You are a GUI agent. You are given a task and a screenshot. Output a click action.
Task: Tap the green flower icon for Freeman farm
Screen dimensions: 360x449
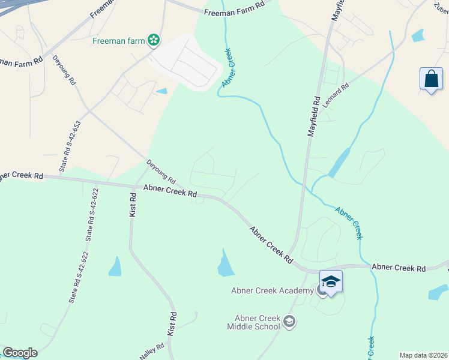pyautogui.click(x=154, y=40)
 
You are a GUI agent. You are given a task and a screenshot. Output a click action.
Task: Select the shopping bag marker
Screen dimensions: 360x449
pyautogui.click(x=431, y=79)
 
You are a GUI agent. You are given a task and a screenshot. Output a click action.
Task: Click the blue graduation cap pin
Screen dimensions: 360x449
pyautogui.click(x=331, y=281)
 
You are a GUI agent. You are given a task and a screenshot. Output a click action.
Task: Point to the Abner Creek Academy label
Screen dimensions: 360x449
pyautogui.click(x=273, y=291)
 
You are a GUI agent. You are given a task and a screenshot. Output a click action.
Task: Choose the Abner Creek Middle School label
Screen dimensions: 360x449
pyautogui.click(x=253, y=322)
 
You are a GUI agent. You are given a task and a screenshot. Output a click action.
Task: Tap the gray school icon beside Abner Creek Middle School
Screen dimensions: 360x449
pyautogui.click(x=290, y=322)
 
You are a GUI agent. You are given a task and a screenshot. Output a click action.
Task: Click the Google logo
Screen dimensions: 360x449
pyautogui.click(x=20, y=353)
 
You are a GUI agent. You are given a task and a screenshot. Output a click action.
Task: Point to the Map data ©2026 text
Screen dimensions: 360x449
pyautogui.click(x=423, y=355)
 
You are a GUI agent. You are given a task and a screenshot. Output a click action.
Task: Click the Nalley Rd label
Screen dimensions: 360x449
pyautogui.click(x=152, y=352)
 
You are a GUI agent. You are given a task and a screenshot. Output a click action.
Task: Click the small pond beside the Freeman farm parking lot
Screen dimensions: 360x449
pyautogui.click(x=162, y=91)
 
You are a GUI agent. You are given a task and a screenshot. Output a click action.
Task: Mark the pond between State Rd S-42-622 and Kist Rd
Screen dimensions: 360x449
pyautogui.click(x=115, y=266)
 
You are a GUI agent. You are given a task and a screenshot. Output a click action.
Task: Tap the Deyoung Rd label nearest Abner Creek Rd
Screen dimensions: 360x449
pyautogui.click(x=161, y=172)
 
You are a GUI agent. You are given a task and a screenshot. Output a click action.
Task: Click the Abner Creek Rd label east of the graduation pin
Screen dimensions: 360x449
pyautogui.click(x=398, y=268)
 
